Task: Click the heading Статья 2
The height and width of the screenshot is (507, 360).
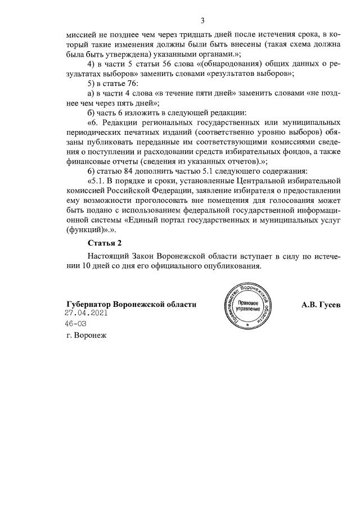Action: click(104, 243)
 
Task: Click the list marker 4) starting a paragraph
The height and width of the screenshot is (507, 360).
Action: click(91, 63)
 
